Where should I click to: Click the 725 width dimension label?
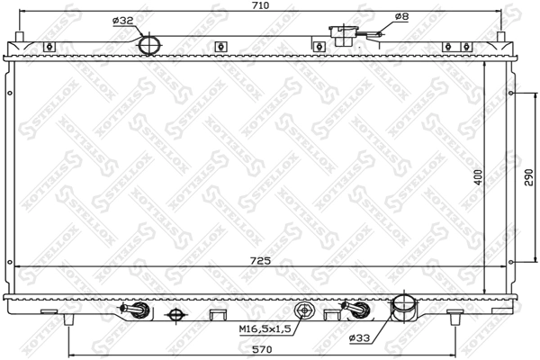point(262,262)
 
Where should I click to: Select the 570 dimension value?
point(262,349)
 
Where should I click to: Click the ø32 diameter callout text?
point(123,20)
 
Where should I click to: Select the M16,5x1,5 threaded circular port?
point(305,311)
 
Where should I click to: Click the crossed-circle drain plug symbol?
point(176,314)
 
